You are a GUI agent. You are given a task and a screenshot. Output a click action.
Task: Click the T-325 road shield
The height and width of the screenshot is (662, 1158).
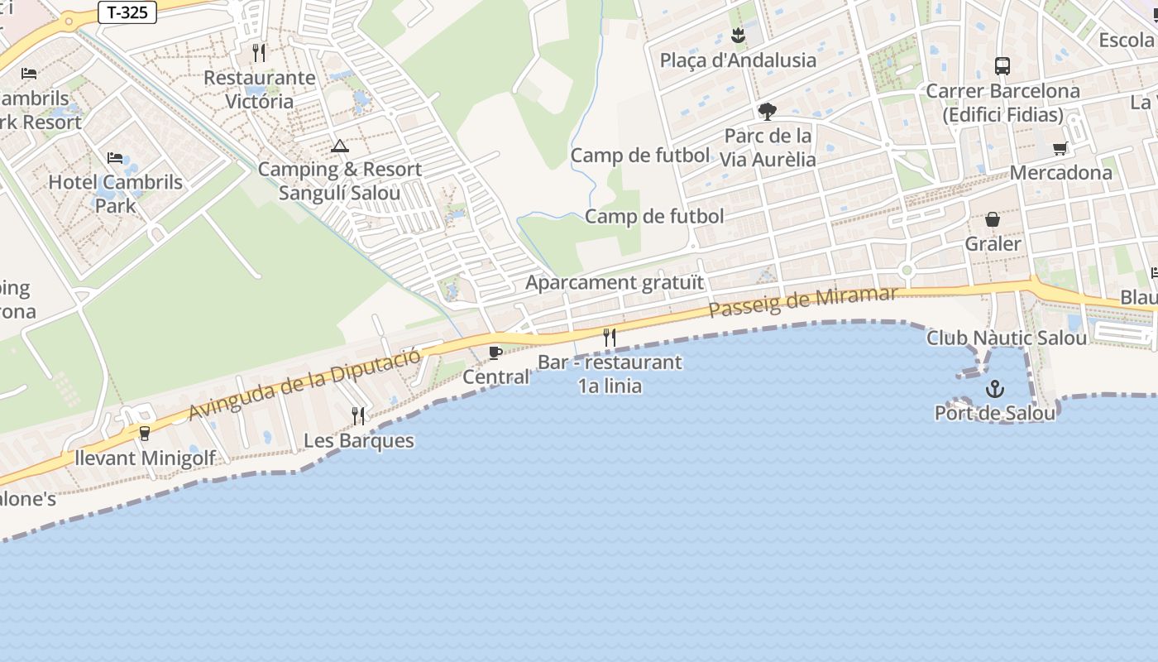pyautogui.click(x=127, y=13)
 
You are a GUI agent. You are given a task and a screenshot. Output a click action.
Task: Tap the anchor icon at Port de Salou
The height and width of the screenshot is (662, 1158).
pyautogui.click(x=994, y=388)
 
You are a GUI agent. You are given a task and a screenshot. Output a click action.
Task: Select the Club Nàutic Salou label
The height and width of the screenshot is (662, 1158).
pyautogui.click(x=1007, y=338)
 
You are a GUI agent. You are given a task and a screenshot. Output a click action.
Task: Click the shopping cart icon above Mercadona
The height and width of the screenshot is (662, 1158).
pyautogui.click(x=1060, y=149)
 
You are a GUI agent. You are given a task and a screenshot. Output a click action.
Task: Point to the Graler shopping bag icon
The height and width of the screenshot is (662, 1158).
pyautogui.click(x=993, y=219)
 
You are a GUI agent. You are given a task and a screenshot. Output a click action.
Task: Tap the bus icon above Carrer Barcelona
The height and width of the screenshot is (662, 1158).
pyautogui.click(x=1002, y=65)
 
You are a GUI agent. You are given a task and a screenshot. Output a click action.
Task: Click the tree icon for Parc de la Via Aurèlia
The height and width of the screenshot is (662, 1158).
pyautogui.click(x=768, y=111)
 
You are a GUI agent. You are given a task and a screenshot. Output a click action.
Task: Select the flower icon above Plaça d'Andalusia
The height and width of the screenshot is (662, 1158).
pyautogui.click(x=738, y=36)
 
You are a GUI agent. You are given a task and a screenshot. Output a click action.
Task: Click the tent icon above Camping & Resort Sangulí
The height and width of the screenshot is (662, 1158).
pyautogui.click(x=339, y=146)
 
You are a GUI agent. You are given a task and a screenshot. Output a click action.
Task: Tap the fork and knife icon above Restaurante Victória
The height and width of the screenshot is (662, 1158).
pyautogui.click(x=259, y=53)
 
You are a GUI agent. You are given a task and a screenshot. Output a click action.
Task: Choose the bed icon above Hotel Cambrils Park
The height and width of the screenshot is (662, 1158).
pyautogui.click(x=115, y=157)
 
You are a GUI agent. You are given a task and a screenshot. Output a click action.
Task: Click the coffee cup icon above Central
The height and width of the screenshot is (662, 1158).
pyautogui.click(x=495, y=353)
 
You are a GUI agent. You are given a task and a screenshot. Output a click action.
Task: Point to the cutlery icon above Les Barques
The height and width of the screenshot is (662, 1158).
pyautogui.click(x=358, y=415)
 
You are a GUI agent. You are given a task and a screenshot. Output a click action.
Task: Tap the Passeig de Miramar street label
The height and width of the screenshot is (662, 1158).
pyautogui.click(x=802, y=302)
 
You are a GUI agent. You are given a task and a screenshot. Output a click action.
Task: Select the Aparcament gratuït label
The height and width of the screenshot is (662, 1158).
pyautogui.click(x=615, y=282)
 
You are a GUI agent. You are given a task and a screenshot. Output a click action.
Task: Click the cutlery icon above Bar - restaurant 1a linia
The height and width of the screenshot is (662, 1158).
pyautogui.click(x=610, y=337)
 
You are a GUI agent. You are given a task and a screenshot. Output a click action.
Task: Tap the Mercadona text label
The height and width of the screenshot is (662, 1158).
pyautogui.click(x=1061, y=173)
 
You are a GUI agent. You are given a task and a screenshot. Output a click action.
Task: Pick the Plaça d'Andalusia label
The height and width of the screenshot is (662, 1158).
pyautogui.click(x=738, y=60)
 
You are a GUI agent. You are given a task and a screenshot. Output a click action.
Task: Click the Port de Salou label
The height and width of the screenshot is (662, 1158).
pyautogui.click(x=995, y=413)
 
